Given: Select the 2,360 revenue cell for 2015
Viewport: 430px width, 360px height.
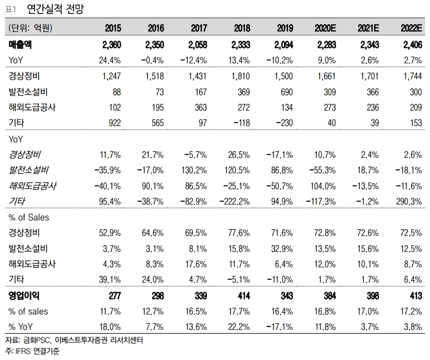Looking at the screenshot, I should (110, 45).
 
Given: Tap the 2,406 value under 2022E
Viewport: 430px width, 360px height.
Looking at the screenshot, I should (411, 45).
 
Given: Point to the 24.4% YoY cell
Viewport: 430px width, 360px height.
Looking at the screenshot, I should (111, 59).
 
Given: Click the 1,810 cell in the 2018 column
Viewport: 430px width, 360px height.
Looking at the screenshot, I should (239, 75).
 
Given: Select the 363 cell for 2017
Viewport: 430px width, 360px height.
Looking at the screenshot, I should (198, 107).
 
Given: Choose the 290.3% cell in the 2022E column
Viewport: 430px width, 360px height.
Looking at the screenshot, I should (409, 202).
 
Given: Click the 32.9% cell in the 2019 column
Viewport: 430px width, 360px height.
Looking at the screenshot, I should (282, 248).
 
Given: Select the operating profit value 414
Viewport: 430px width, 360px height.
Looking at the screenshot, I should (242, 296).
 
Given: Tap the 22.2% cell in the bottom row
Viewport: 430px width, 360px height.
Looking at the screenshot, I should (239, 328).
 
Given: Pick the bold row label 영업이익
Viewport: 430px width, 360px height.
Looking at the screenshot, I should (24, 296).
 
